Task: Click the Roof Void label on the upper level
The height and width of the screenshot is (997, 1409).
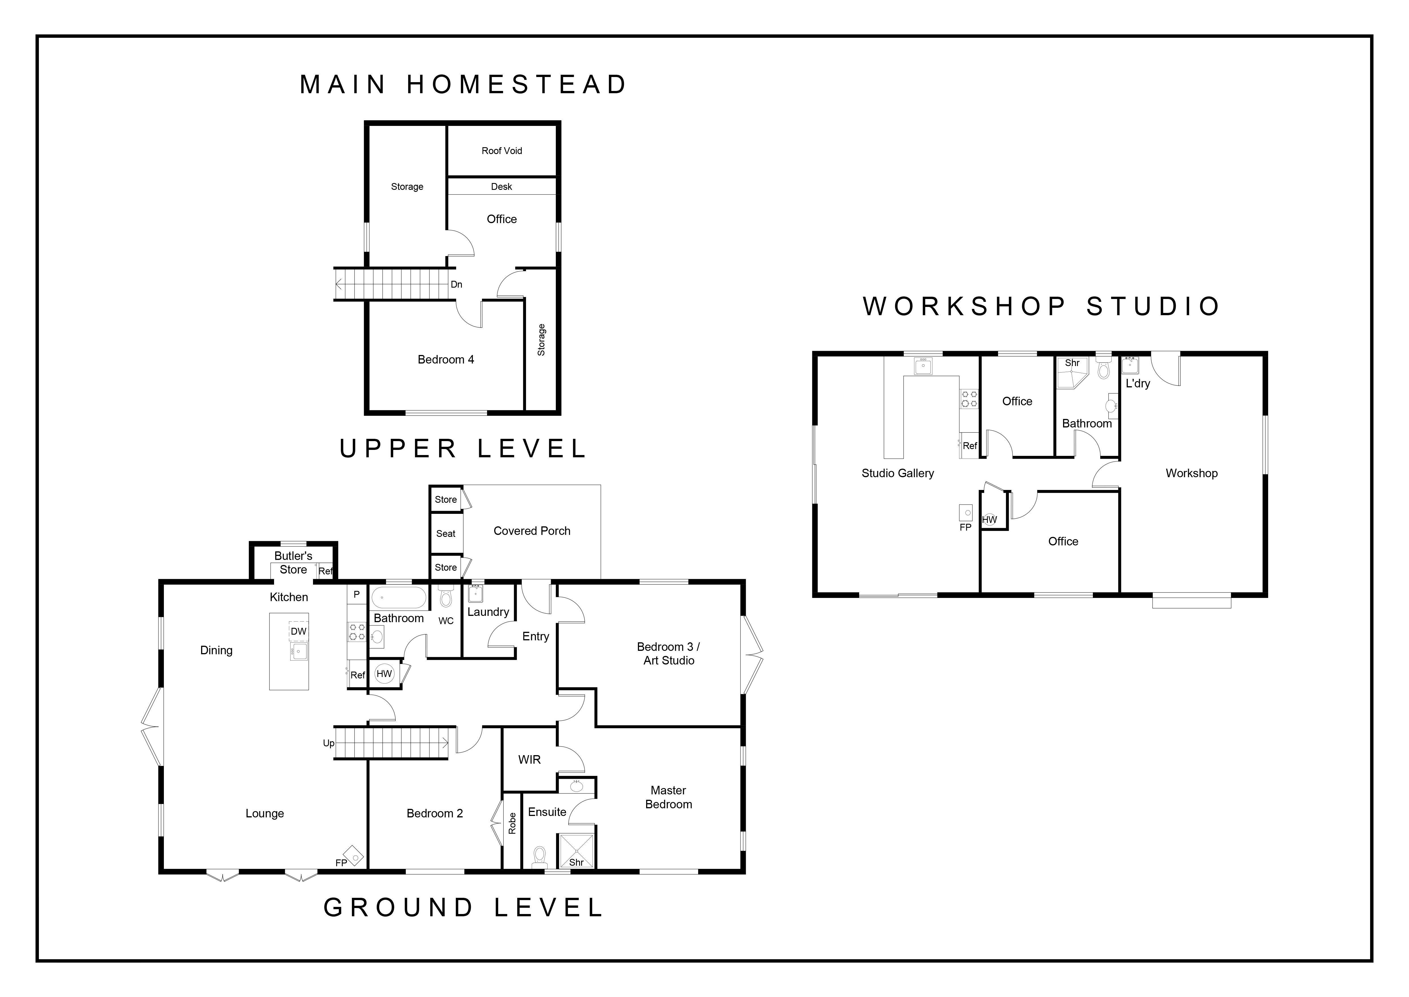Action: (501, 150)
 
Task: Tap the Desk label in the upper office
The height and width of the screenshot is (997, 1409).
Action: (501, 187)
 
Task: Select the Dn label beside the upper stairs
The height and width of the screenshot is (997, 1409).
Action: (457, 284)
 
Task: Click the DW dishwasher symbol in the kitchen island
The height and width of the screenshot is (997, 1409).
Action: (298, 631)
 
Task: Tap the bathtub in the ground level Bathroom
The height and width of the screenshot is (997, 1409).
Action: (399, 597)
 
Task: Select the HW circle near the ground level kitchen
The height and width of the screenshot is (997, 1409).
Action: (384, 674)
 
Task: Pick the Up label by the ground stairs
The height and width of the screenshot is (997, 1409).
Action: (329, 743)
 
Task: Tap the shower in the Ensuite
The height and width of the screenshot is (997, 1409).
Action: (576, 850)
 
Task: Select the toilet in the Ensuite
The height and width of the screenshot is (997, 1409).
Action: (539, 856)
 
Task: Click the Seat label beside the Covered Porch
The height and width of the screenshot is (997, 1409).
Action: (446, 533)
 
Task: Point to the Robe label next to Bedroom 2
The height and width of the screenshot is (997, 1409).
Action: (512, 823)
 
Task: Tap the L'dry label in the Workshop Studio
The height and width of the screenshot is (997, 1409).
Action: (1138, 384)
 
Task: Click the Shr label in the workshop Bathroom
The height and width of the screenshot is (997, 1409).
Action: (1072, 363)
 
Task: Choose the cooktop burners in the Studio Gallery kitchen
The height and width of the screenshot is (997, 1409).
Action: (969, 399)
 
